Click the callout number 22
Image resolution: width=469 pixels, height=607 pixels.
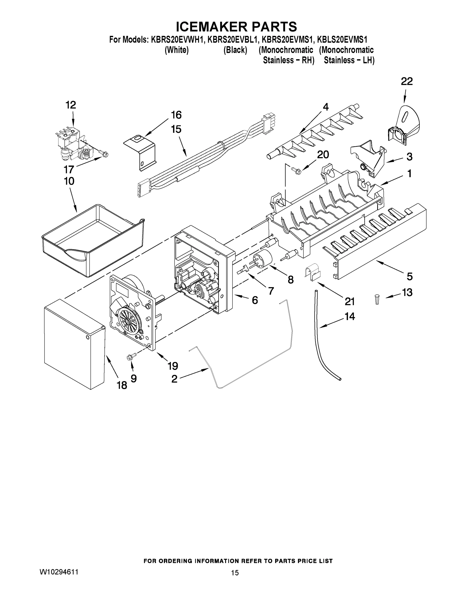[x=407, y=81]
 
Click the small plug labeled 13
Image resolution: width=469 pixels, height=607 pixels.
[x=377, y=300]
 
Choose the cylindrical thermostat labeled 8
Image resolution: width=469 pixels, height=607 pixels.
[x=262, y=258]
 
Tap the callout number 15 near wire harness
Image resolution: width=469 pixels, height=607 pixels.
[x=176, y=129]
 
